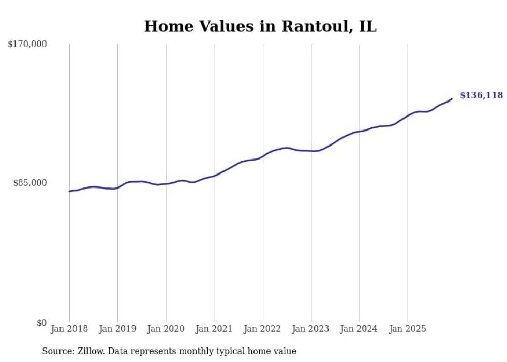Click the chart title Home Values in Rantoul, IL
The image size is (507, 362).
pos(260,26)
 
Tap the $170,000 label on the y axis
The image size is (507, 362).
pos(27,45)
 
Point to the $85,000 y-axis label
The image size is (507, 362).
pos(29,183)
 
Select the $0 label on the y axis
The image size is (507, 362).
pos(41,323)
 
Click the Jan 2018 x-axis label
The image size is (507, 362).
pos(69,329)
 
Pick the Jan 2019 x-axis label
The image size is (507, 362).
pos(117,329)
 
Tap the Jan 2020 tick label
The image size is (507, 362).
pos(166,329)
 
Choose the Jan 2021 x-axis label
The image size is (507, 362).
pos(214,329)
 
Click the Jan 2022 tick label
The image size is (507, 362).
pos(263,329)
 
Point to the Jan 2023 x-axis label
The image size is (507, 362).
pos(311,329)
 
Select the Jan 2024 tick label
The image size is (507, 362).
pos(360,329)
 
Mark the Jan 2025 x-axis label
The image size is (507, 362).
pos(408,329)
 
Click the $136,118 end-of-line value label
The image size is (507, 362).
pos(481,95)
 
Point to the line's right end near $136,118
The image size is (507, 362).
pos(452,99)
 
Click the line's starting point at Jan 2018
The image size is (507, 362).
pos(69,191)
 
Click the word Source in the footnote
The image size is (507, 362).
pos(56,351)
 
